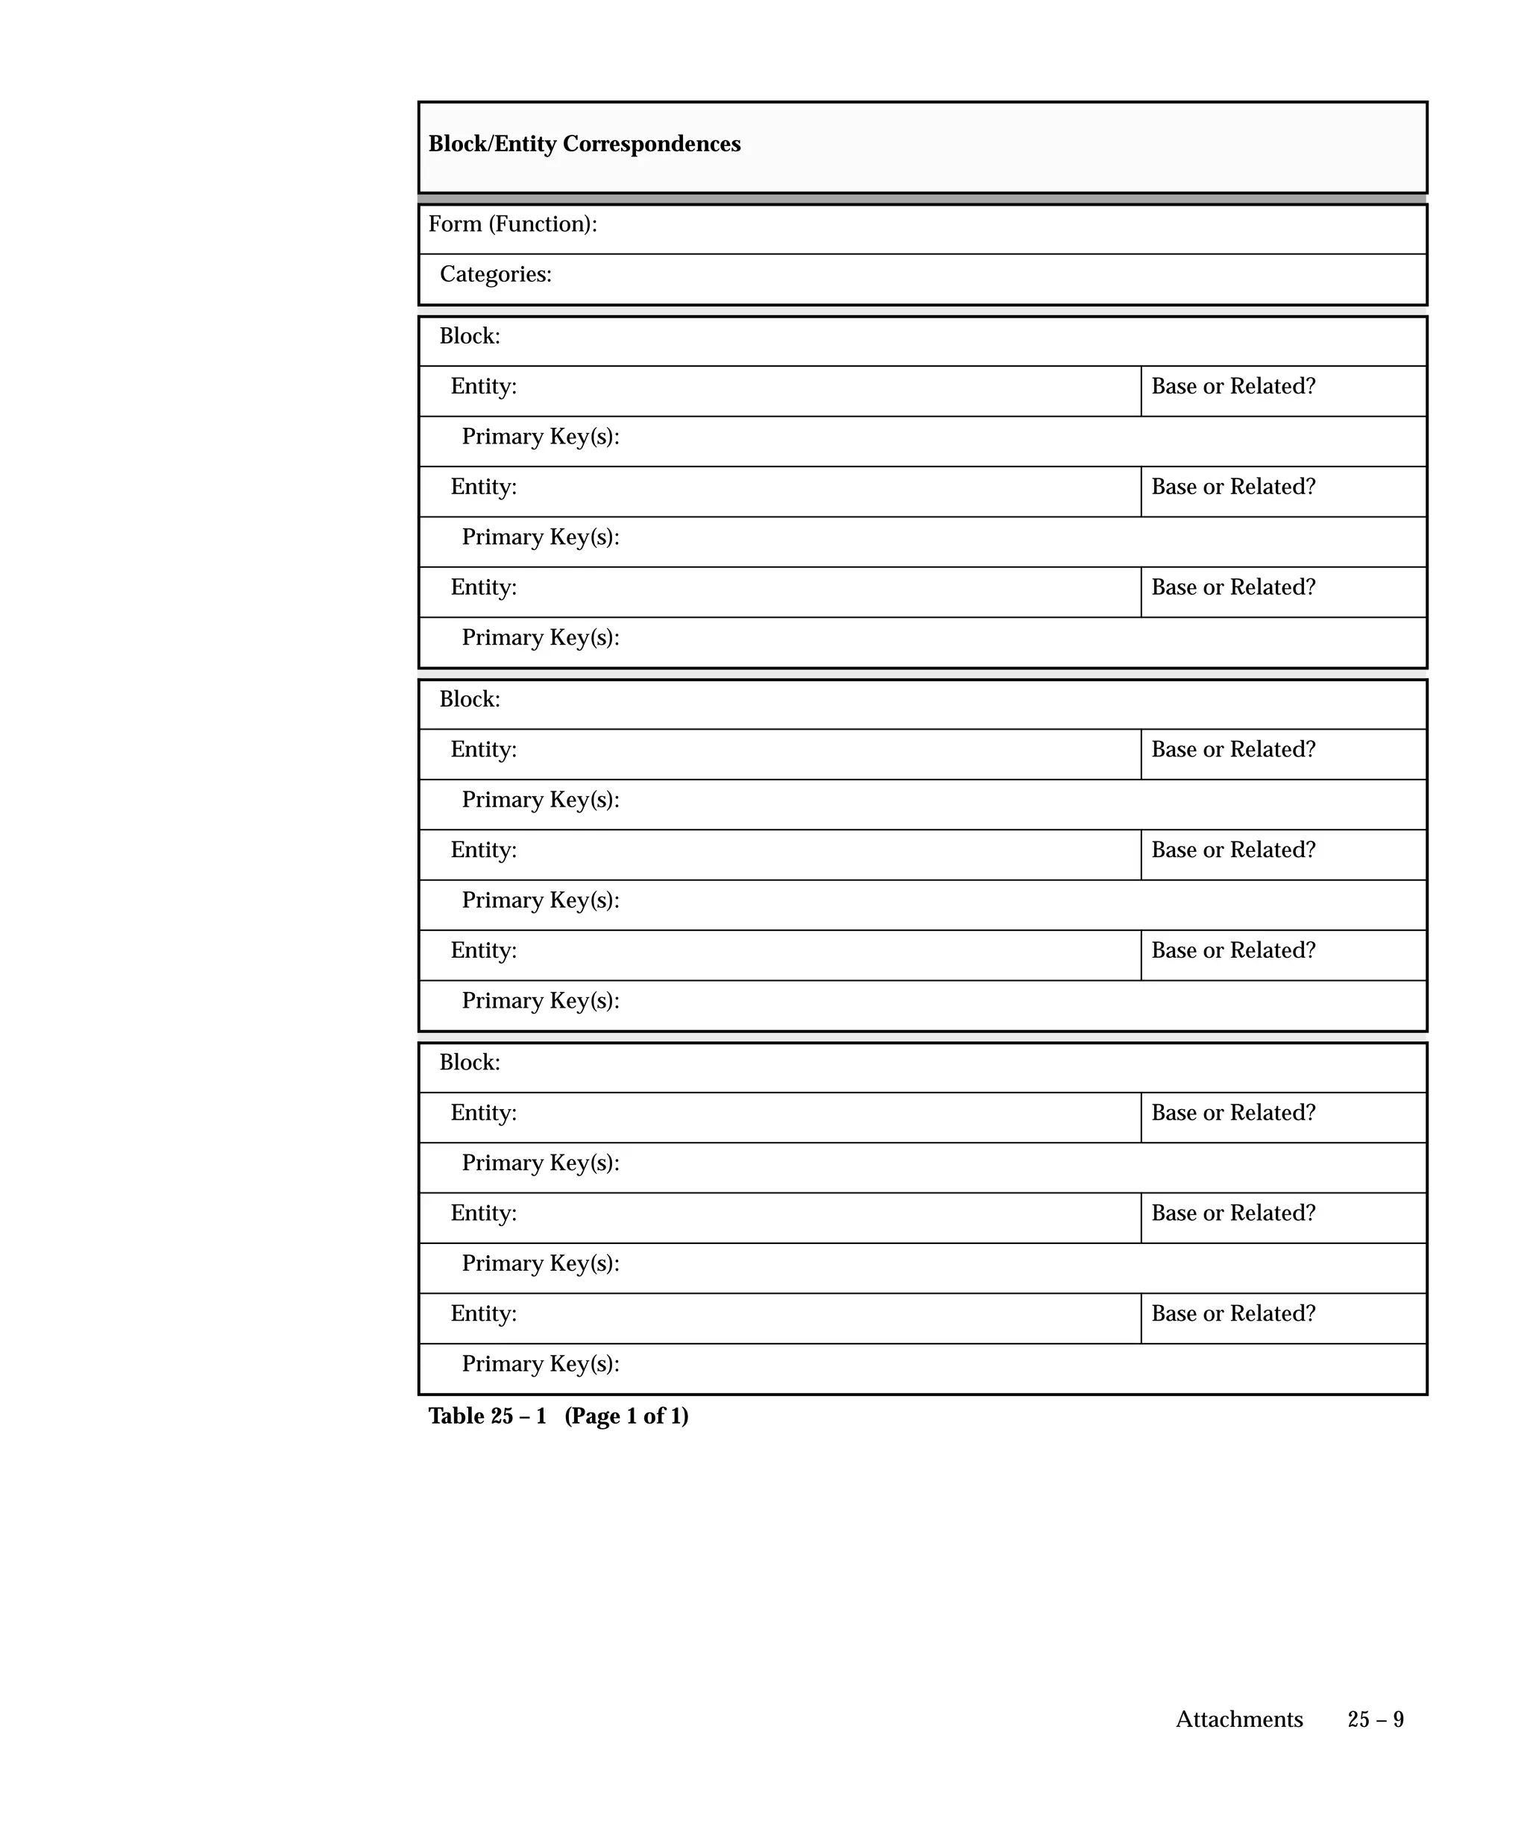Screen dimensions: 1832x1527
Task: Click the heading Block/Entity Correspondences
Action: [584, 144]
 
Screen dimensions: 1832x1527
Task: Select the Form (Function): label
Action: [512, 224]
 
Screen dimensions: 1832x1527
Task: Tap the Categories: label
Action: [495, 275]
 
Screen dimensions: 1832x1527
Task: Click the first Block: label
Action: [470, 337]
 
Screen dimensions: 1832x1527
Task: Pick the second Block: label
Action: [470, 700]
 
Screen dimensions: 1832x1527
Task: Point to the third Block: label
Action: [470, 1063]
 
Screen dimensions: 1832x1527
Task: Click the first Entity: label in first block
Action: [483, 387]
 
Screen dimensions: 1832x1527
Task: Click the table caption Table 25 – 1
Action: [487, 1416]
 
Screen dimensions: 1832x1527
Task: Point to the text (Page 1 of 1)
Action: [626, 1416]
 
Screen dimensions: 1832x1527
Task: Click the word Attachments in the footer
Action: [1238, 1719]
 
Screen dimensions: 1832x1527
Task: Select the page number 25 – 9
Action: [1375, 1719]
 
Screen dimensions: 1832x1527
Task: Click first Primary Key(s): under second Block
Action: [540, 800]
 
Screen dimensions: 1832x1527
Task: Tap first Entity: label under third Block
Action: [483, 1114]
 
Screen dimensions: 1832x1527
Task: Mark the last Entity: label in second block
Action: [483, 951]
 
